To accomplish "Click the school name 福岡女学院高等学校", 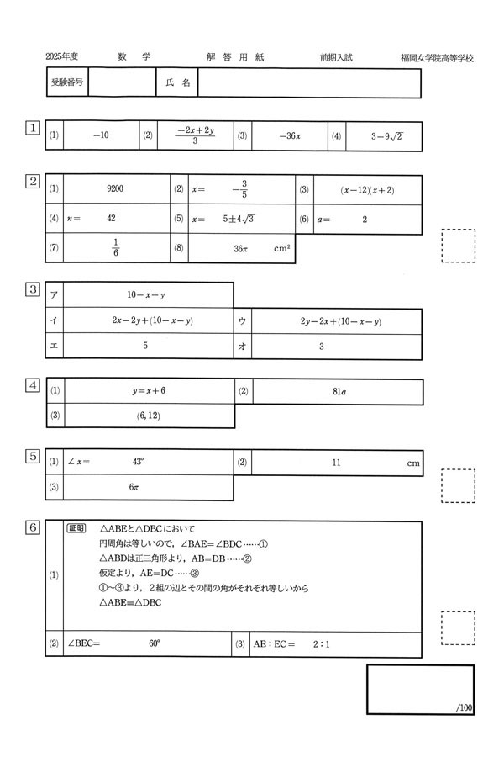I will [437, 58].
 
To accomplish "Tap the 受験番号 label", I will [66, 83].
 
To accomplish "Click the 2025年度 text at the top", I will [61, 57].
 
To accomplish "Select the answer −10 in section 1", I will [101, 135].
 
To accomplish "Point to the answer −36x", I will [289, 135].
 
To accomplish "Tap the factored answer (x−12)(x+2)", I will [367, 190].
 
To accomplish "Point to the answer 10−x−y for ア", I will [145, 295].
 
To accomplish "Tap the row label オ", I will [242, 346].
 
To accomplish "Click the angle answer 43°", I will [139, 462].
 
